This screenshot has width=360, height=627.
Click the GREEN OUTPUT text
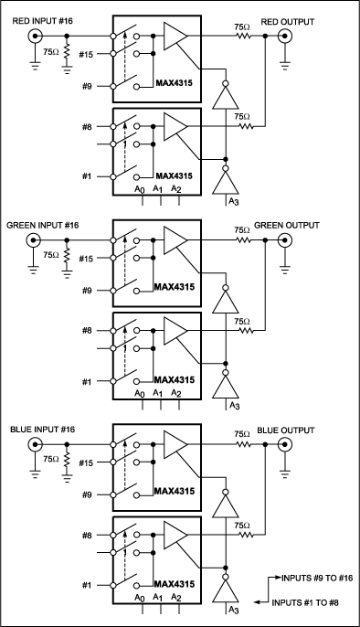(x=291, y=225)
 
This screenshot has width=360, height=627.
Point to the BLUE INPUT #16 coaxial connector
(x=37, y=444)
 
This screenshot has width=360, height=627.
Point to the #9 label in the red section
(x=88, y=86)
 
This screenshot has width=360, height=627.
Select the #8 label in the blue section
(x=88, y=536)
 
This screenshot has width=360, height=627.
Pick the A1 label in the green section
(x=159, y=393)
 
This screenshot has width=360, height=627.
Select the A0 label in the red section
(x=138, y=189)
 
